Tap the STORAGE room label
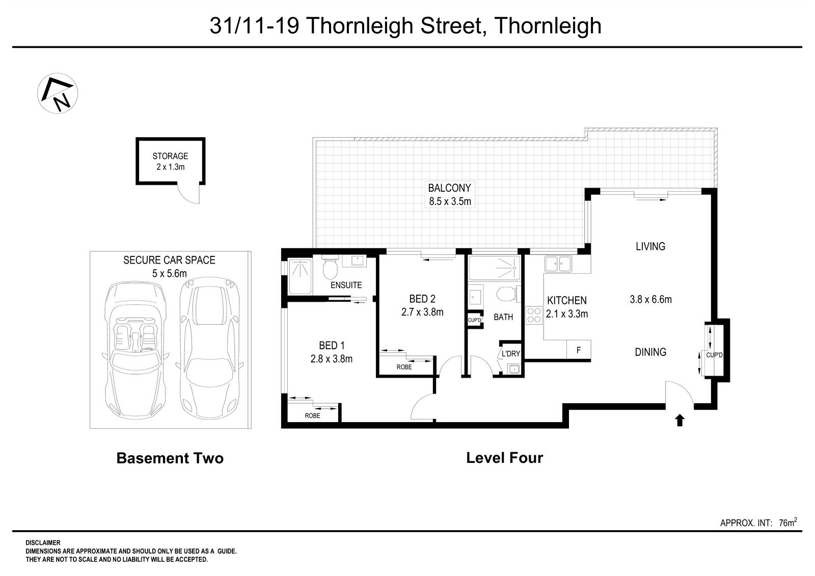click(x=170, y=156)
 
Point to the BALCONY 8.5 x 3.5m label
click(x=449, y=194)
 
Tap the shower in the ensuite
click(x=300, y=276)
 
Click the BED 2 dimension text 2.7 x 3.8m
click(x=422, y=312)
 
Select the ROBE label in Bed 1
click(x=312, y=415)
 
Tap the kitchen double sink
click(x=558, y=264)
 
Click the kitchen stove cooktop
click(x=534, y=315)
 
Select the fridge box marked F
click(x=579, y=350)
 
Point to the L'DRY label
click(x=510, y=353)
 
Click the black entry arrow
click(x=679, y=420)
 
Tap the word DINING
click(x=650, y=352)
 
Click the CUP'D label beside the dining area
click(x=714, y=355)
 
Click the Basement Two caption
click(x=170, y=458)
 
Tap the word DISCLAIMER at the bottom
click(x=43, y=543)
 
